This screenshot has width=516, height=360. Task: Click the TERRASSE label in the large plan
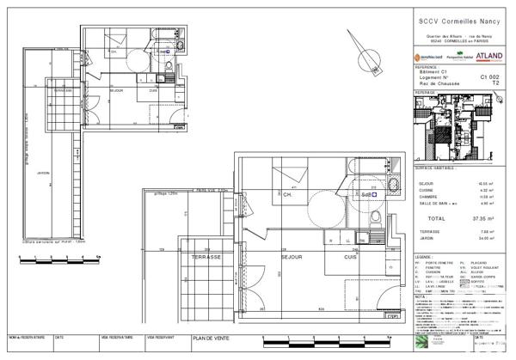coord(207,258)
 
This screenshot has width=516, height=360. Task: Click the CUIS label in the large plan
coord(351,257)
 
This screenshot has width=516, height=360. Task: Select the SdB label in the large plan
coord(368,195)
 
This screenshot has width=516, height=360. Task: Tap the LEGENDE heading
coord(424,257)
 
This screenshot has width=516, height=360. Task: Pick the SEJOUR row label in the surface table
coord(426,183)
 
